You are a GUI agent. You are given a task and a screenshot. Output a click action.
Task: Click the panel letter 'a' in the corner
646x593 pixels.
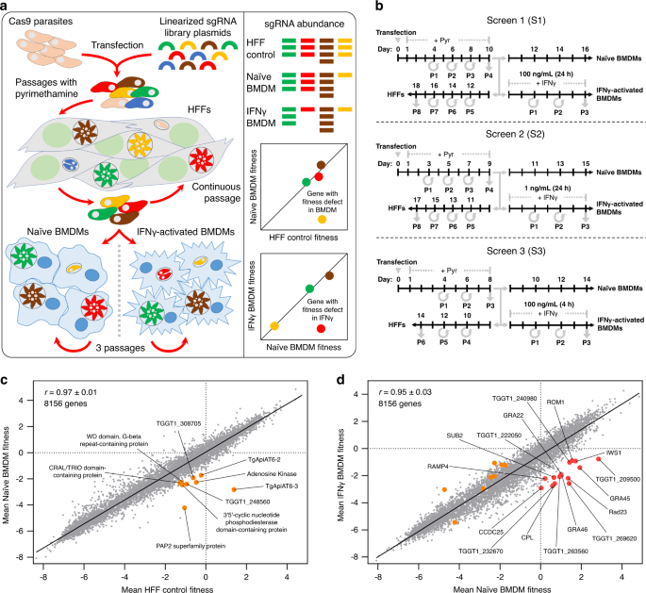coord(8,8)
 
